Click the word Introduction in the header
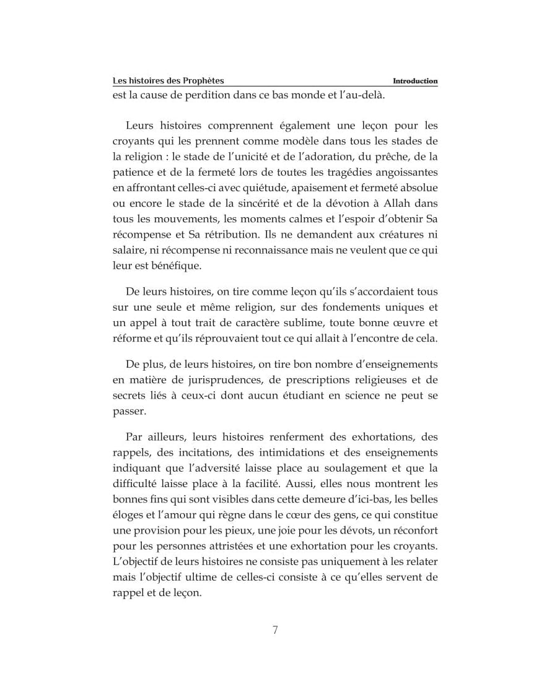coord(415,81)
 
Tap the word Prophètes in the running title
coord(202,81)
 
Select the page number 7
coord(275,630)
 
